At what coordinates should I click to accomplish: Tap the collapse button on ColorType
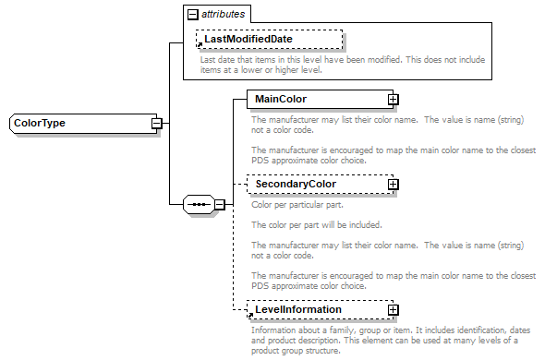[157, 123]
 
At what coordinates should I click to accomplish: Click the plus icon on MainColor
[393, 99]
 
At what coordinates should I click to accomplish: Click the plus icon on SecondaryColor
[393, 185]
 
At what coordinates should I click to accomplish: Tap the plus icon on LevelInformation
[393, 309]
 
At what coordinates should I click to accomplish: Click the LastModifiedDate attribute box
[267, 40]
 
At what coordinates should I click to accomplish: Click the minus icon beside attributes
[192, 15]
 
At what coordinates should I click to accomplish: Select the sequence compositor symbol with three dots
[198, 203]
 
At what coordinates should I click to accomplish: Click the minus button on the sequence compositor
[220, 203]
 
